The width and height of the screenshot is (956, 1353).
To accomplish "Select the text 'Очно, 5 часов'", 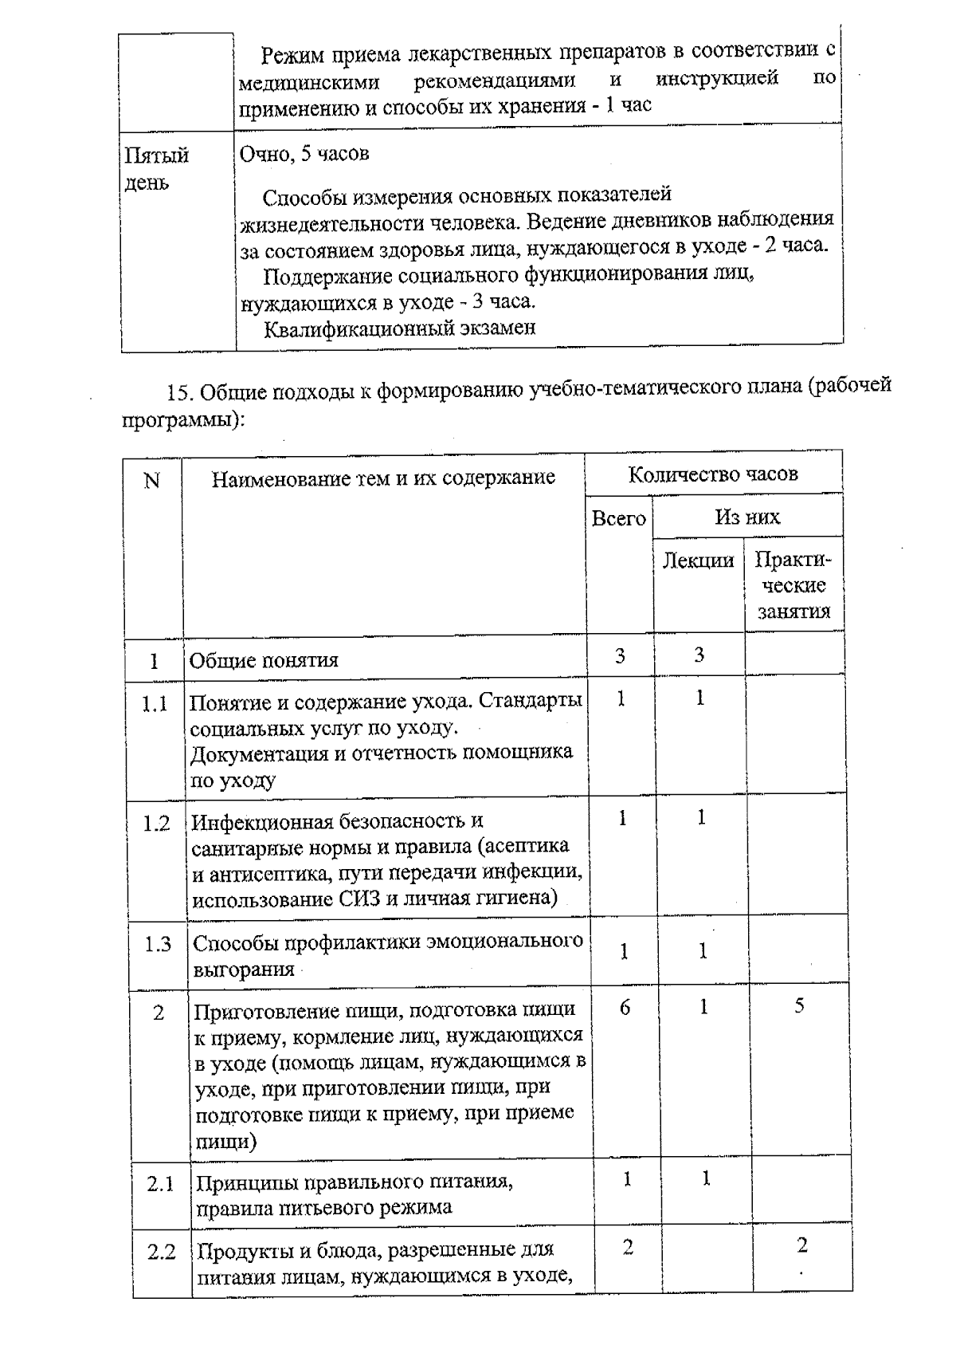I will [x=304, y=154].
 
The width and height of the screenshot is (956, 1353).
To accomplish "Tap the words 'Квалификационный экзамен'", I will [x=399, y=328].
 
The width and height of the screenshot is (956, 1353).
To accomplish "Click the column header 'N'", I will [x=151, y=481].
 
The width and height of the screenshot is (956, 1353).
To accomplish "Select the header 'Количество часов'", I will [x=713, y=474].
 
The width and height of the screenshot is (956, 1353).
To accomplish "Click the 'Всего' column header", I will [x=618, y=519].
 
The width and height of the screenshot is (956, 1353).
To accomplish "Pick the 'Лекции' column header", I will [x=698, y=560].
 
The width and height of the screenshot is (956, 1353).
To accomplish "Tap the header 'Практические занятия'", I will [x=793, y=586].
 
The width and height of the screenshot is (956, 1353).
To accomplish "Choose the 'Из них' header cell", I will [x=746, y=517].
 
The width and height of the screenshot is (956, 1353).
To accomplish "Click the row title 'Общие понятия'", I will [x=264, y=660].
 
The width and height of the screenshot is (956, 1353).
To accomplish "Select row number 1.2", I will [x=156, y=824].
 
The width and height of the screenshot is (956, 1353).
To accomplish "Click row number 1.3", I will [x=158, y=945].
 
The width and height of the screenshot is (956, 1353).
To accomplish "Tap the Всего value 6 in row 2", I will [x=625, y=1008].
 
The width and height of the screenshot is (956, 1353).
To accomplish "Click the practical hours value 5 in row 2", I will [x=799, y=1005].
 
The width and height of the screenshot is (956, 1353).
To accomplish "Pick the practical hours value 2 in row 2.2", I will [x=801, y=1245].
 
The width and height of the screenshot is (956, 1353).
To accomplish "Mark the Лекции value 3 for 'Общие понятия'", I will [x=699, y=655].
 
